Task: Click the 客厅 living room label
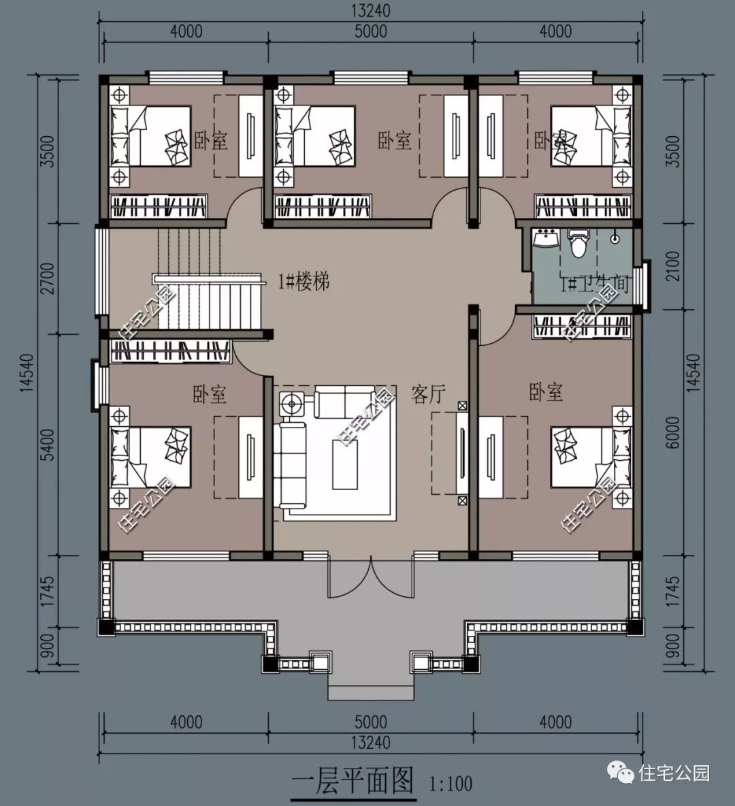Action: [x=428, y=394]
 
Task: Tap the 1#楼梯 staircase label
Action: [x=304, y=281]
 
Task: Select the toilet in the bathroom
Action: [x=578, y=243]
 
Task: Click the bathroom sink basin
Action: [x=546, y=239]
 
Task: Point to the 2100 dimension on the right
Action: [x=672, y=265]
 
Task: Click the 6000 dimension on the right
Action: [x=672, y=432]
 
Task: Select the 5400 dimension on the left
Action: [x=47, y=445]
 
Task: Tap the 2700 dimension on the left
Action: [x=47, y=279]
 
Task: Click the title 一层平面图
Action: [x=353, y=781]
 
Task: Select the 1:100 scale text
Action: [x=451, y=784]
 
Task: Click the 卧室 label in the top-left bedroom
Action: [x=211, y=141]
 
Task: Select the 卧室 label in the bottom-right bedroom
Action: [x=546, y=392]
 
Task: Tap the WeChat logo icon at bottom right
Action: [x=623, y=773]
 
